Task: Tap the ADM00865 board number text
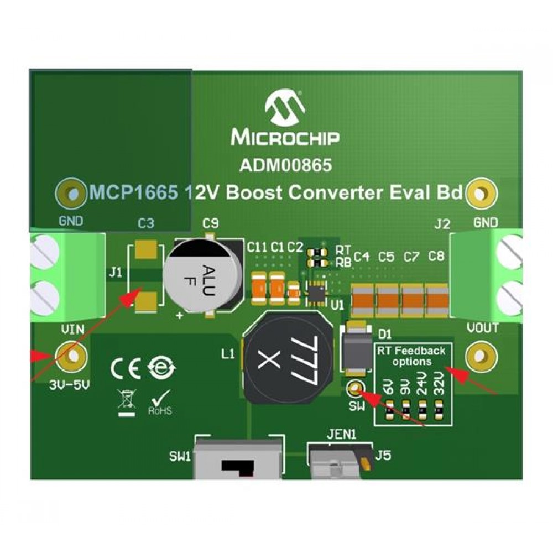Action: coord(285,165)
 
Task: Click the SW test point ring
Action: coord(354,389)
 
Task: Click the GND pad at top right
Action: coord(482,194)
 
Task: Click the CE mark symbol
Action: coord(126,369)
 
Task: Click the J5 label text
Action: coord(383,457)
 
